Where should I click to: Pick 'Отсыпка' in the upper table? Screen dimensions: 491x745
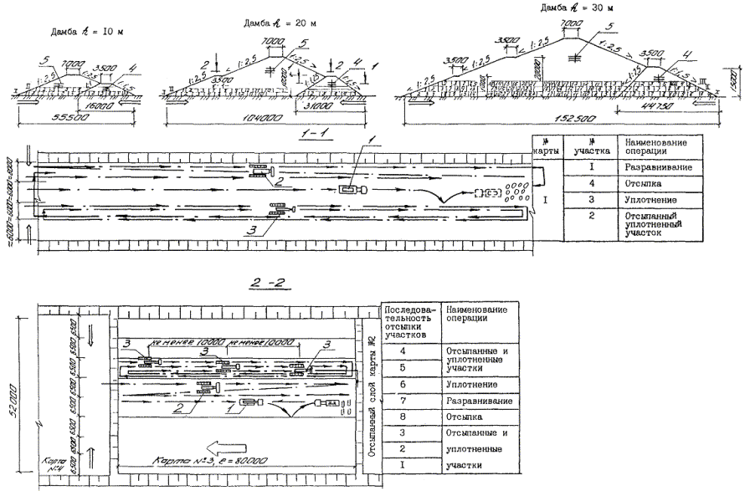(638, 182)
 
